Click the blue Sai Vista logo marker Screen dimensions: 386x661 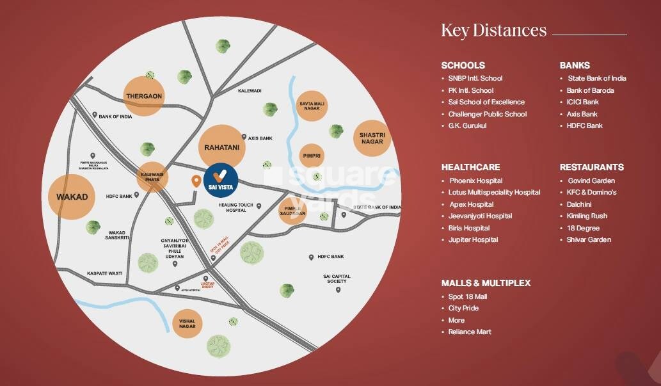point(221,180)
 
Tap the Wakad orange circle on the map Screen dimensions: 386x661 point(72,197)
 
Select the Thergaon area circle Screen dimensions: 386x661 point(144,96)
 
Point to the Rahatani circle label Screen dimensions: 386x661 point(221,147)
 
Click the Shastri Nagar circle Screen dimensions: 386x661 point(372,138)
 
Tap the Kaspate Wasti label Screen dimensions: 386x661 point(105,273)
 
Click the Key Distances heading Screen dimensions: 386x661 point(493,30)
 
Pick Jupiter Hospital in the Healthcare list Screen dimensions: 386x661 point(473,239)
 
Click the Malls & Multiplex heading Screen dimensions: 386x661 point(486,282)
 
